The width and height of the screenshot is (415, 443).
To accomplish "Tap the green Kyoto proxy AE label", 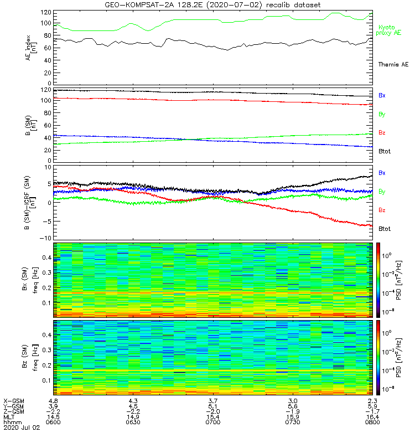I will click(x=390, y=30).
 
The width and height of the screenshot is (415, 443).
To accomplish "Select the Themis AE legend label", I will click(x=393, y=65).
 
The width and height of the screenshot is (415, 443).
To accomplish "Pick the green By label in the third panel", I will click(x=382, y=192).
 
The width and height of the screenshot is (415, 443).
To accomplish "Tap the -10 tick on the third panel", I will click(x=44, y=238).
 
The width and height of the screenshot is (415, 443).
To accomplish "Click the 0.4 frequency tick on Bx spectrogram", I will click(x=44, y=257).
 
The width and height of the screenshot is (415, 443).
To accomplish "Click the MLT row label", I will click(x=9, y=416).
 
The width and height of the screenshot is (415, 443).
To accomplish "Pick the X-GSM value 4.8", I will click(x=54, y=400).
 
